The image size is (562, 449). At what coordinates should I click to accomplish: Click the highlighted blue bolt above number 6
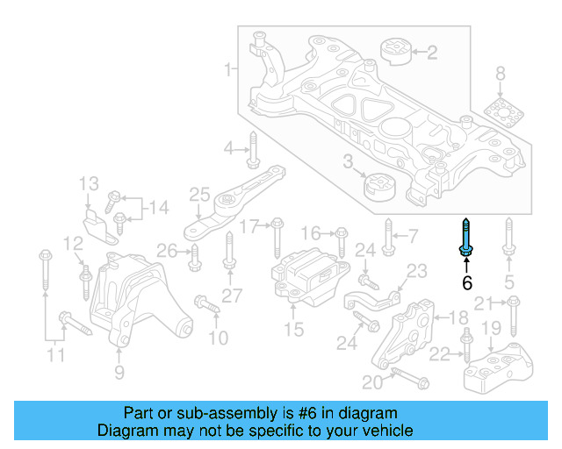[465, 239]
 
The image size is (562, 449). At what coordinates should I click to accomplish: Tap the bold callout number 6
[466, 282]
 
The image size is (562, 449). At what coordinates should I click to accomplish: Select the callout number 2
[431, 53]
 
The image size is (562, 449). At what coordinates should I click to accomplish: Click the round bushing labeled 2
[395, 52]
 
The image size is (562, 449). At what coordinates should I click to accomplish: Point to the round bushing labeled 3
[380, 187]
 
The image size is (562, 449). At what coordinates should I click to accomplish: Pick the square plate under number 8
[501, 115]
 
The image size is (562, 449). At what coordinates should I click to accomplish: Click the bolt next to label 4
[252, 150]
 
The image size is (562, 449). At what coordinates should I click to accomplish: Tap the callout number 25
[199, 194]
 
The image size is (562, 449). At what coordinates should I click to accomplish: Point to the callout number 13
[90, 184]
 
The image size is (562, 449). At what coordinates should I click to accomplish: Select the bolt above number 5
[508, 239]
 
